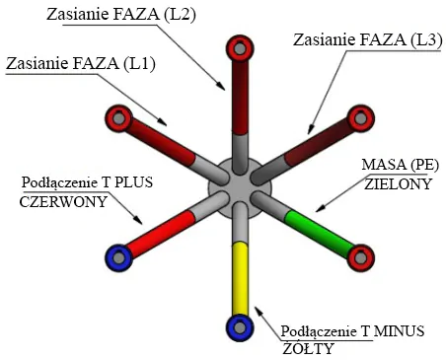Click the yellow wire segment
pyautogui.click(x=240, y=279)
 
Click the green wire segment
pyautogui.click(x=317, y=233)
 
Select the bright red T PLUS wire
pyautogui.click(x=161, y=233)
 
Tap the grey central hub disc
pyautogui.click(x=240, y=187)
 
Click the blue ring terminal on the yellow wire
pyautogui.click(x=240, y=327)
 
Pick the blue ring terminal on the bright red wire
pyautogui.click(x=118, y=257)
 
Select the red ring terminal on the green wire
pyautogui.click(x=361, y=257)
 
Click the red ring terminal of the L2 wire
pyautogui.click(x=240, y=48)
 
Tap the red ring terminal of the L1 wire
pyautogui.click(x=118, y=118)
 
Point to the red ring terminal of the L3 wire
pyautogui.click(x=361, y=118)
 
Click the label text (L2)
pyautogui.click(x=180, y=15)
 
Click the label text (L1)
pyautogui.click(x=139, y=63)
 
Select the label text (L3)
pyautogui.click(x=426, y=40)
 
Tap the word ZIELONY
pyautogui.click(x=398, y=183)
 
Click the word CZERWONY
pyautogui.click(x=63, y=201)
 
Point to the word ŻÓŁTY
pyautogui.click(x=308, y=348)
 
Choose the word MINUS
pyautogui.click(x=399, y=330)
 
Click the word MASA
pyautogui.click(x=384, y=165)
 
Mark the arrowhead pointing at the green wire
pyautogui.click(x=320, y=208)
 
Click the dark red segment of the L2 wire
pyautogui.click(x=240, y=97)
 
